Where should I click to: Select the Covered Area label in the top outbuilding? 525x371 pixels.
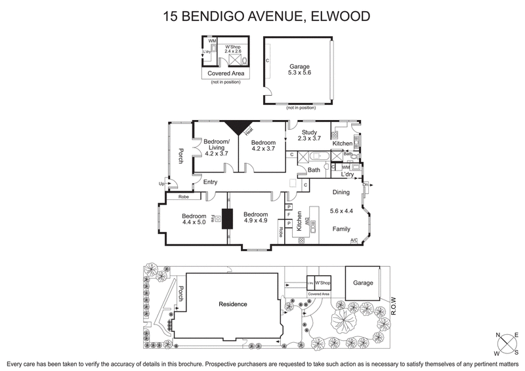tap(225, 73)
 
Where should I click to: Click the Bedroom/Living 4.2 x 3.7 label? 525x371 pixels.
tap(216, 147)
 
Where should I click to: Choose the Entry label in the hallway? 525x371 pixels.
tap(211, 182)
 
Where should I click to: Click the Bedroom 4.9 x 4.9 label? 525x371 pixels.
tap(255, 218)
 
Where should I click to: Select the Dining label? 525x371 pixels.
tap(341, 193)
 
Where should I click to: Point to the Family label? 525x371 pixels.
tap(341, 229)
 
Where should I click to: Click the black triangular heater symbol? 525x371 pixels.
tap(238, 127)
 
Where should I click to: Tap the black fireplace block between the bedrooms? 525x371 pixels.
tap(228, 218)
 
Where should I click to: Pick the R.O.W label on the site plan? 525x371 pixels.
tap(394, 304)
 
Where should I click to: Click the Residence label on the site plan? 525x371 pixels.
tap(233, 303)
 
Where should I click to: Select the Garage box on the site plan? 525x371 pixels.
tap(362, 283)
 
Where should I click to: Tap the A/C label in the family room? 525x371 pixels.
tap(354, 241)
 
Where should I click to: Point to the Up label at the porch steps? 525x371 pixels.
tap(161, 184)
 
